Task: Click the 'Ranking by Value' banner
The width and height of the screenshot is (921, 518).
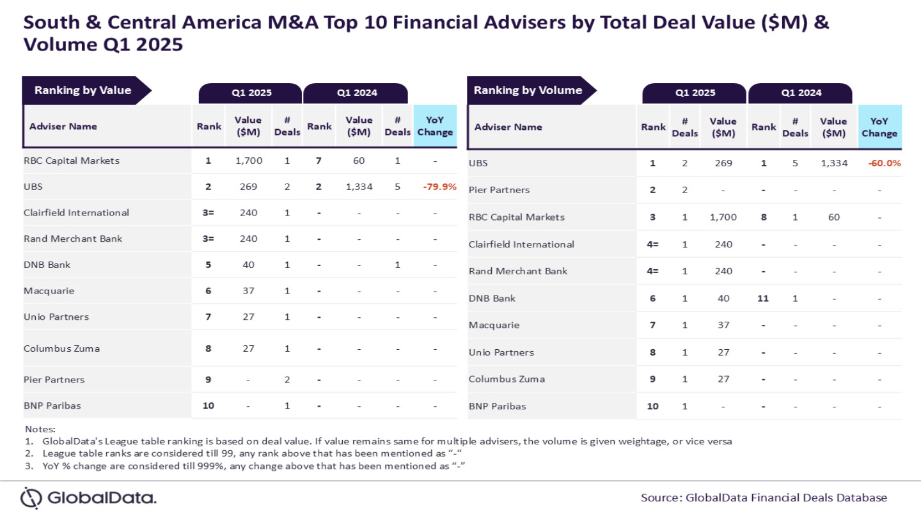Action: tap(83, 90)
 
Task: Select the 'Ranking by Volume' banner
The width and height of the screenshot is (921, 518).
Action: tap(528, 90)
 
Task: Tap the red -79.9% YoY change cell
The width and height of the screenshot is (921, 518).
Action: tap(439, 187)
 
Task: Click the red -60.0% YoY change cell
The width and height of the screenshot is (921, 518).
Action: tap(885, 163)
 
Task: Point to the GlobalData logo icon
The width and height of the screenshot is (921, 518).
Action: tap(31, 498)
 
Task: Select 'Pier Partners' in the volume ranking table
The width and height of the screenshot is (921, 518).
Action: tap(499, 190)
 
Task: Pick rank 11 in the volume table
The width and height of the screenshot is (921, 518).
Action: tap(763, 298)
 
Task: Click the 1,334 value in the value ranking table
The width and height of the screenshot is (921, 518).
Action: tap(359, 187)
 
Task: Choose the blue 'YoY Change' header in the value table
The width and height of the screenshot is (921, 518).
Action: tap(435, 126)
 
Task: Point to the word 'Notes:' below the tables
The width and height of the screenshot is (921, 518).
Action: tap(40, 428)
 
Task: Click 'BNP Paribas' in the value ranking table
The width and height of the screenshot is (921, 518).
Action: tap(52, 405)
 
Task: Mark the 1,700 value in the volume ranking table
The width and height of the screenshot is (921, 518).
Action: tap(723, 217)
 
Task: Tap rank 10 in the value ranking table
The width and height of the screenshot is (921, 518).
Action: tap(208, 405)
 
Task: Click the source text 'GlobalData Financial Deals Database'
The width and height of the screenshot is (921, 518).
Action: tap(786, 498)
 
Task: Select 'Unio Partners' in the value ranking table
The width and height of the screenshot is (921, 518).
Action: tap(56, 317)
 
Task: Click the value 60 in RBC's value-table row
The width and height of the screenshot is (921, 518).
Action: tap(359, 161)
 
